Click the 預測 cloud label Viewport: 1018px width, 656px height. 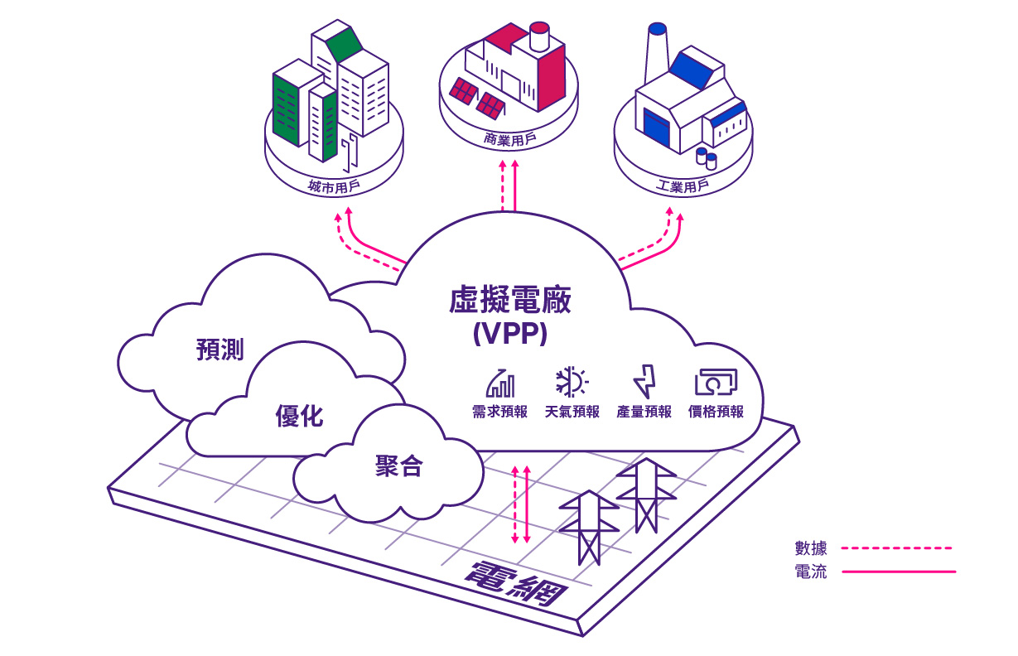220,349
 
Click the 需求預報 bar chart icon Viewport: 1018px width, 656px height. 499,383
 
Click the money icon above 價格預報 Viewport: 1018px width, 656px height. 716,382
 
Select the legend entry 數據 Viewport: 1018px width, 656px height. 810,547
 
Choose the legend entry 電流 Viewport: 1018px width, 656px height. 810,572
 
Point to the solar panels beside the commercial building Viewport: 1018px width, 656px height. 477,97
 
